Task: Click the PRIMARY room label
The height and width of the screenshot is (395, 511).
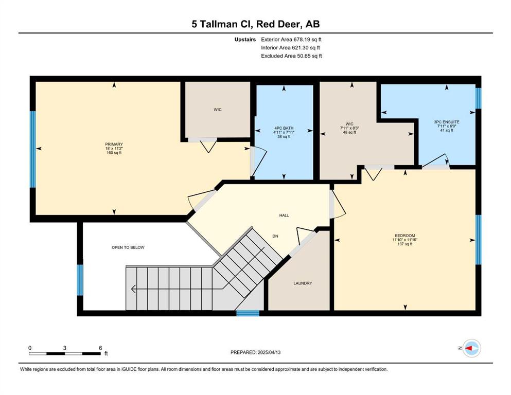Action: pyautogui.click(x=114, y=144)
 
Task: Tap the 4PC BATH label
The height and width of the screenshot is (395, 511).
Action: pyautogui.click(x=284, y=128)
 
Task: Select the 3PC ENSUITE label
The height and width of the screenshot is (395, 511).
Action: pyautogui.click(x=447, y=122)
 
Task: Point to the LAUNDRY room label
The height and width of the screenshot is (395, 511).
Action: pyautogui.click(x=303, y=283)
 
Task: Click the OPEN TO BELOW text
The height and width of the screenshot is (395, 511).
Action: pyautogui.click(x=128, y=247)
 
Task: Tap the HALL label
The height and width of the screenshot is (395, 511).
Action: pyautogui.click(x=284, y=216)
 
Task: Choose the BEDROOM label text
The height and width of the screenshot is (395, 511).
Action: pyautogui.click(x=405, y=236)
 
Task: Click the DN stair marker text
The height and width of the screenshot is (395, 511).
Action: pyautogui.click(x=275, y=236)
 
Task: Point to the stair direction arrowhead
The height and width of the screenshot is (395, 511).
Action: pyautogui.click(x=134, y=289)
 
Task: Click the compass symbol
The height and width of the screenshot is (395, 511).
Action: pyautogui.click(x=471, y=348)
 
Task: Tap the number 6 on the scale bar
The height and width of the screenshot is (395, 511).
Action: pyautogui.click(x=100, y=348)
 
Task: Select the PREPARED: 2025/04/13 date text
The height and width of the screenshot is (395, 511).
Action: pyautogui.click(x=255, y=352)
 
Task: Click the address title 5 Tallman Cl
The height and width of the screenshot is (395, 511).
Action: pyautogui.click(x=222, y=24)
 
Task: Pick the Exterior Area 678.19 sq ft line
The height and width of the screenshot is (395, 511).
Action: pyautogui.click(x=291, y=40)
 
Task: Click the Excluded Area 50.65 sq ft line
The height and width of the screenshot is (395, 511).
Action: pyautogui.click(x=291, y=56)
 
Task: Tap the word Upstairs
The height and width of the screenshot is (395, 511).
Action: pyautogui.click(x=245, y=40)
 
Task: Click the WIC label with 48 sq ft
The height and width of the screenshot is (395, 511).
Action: pyautogui.click(x=349, y=128)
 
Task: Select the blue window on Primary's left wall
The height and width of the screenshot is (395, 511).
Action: pyautogui.click(x=32, y=150)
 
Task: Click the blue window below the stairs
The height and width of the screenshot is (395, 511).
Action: pyautogui.click(x=248, y=313)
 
